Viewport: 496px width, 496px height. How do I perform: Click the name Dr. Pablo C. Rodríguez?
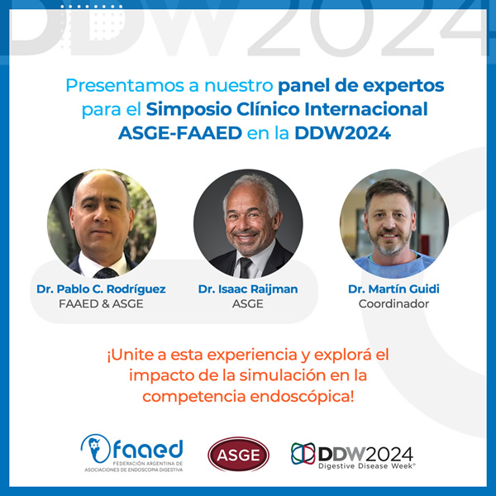click(101, 289)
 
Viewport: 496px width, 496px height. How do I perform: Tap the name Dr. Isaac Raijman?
click(248, 289)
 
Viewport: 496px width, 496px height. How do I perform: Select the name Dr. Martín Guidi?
click(393, 289)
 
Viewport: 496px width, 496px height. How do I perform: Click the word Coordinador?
click(393, 303)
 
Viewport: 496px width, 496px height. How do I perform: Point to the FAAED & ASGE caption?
click(101, 303)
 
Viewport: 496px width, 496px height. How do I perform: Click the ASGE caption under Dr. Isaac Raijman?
click(248, 303)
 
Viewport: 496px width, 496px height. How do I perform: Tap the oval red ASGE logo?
click(238, 454)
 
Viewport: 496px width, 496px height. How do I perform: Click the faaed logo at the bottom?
click(132, 452)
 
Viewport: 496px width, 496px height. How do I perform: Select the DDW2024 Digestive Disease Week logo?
click(352, 455)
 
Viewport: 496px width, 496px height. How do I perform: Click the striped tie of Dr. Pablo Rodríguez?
click(106, 273)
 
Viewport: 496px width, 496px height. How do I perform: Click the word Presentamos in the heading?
click(125, 85)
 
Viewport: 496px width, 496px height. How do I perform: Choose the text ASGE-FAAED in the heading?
click(180, 133)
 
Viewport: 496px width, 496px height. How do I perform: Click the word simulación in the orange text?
click(283, 375)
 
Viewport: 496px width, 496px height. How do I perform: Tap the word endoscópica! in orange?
click(302, 397)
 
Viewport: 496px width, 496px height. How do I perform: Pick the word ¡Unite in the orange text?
click(131, 355)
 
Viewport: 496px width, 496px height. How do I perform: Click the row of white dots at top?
click(91, 7)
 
